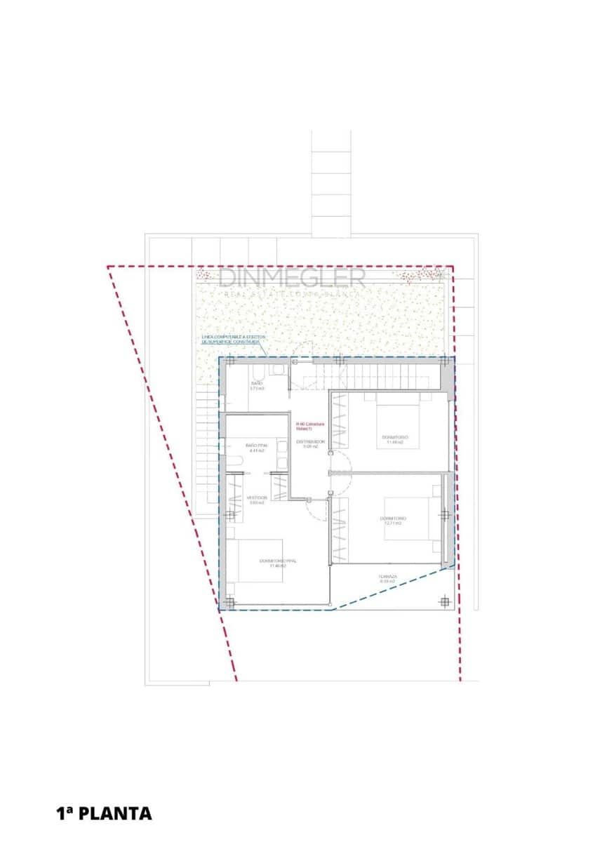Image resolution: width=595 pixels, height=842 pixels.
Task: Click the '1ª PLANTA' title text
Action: coord(104,813)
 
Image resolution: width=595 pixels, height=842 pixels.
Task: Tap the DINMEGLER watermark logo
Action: coord(292,279)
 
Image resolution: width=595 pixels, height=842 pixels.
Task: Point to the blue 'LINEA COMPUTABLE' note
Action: coord(230,340)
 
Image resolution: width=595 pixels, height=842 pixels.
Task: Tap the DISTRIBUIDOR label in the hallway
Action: coord(310,443)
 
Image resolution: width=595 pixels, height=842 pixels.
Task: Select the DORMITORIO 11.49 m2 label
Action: coord(395,439)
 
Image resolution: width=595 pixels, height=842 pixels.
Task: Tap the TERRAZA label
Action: coord(388,580)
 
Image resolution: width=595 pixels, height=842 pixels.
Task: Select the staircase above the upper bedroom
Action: coord(379,372)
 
